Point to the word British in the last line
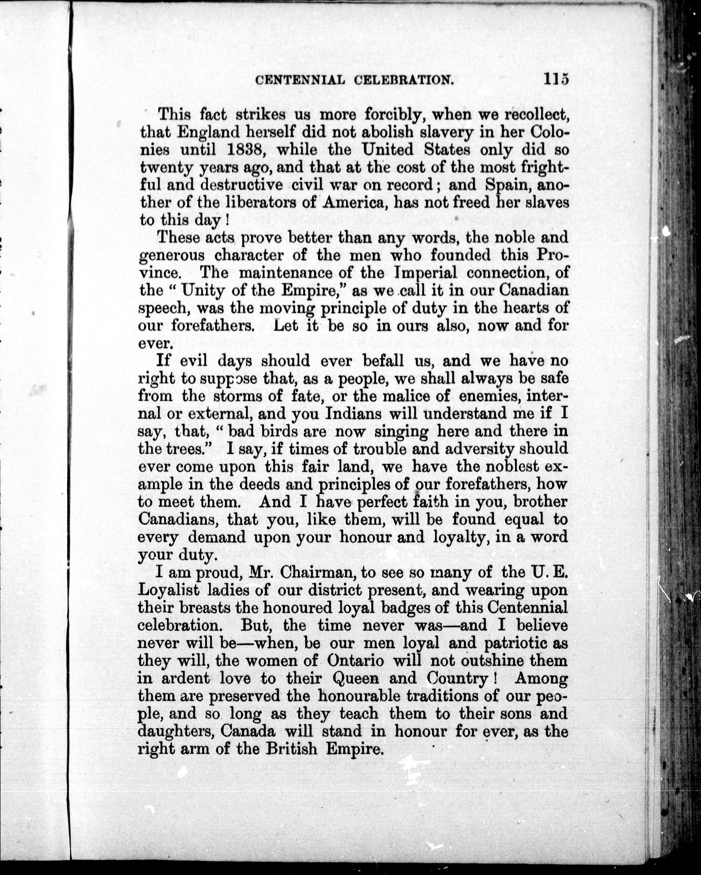point(292,748)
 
